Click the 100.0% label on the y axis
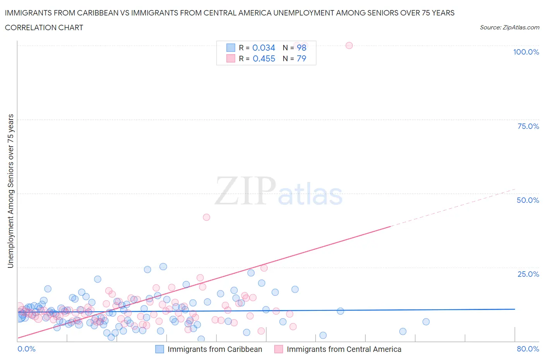[x=526, y=52]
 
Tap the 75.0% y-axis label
[x=528, y=126]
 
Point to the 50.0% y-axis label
[x=528, y=200]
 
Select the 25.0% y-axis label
[x=528, y=274]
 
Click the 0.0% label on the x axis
[x=26, y=349]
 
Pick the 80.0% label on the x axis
[x=528, y=349]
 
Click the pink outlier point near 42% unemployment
[x=207, y=217]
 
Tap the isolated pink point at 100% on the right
[x=349, y=45]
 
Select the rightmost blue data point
[x=426, y=322]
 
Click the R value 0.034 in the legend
[x=263, y=48]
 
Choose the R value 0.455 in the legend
[x=264, y=58]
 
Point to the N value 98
[x=301, y=48]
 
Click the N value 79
[x=301, y=58]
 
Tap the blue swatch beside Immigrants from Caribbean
[x=159, y=349]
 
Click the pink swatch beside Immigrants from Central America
[x=279, y=349]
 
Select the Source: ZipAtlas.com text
[x=509, y=27]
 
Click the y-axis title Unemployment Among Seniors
[x=10, y=191]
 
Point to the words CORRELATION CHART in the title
[x=44, y=27]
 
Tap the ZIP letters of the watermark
[x=245, y=191]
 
